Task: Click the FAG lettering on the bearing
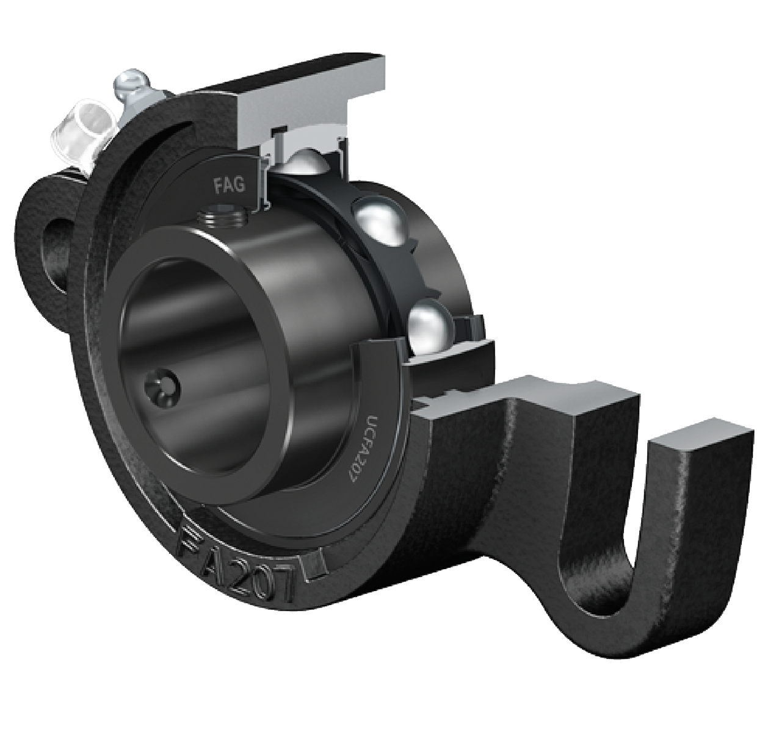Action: [x=230, y=184]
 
